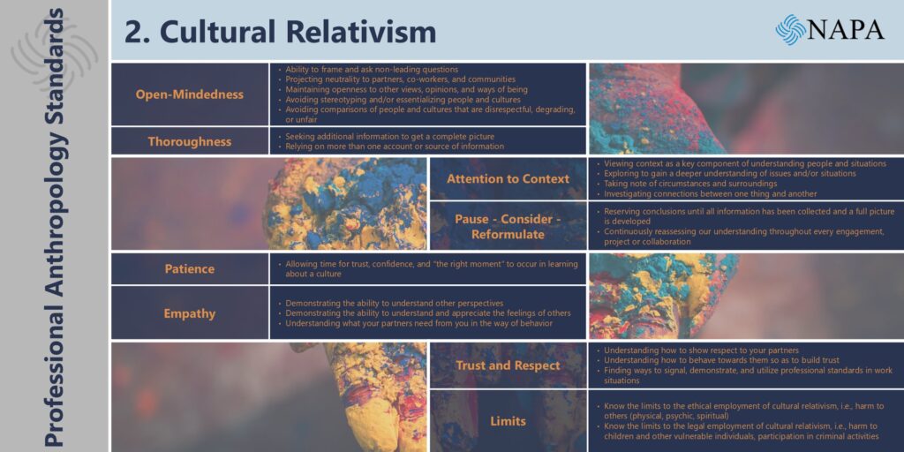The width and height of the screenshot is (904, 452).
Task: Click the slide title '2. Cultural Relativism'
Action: tap(280, 32)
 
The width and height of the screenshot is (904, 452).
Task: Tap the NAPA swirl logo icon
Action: tap(790, 29)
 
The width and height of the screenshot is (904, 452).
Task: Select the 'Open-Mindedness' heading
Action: tap(190, 94)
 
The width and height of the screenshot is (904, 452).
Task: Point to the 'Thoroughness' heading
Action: tap(190, 141)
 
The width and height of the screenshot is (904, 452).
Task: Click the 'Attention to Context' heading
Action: tap(508, 178)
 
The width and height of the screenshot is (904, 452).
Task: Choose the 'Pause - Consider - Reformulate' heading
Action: tap(508, 227)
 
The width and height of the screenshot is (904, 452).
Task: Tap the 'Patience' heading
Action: tap(190, 269)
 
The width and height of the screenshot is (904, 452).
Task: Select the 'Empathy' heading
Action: tap(190, 313)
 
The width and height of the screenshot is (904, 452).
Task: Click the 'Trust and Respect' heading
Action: tap(508, 365)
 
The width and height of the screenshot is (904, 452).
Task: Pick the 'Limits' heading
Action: tap(508, 421)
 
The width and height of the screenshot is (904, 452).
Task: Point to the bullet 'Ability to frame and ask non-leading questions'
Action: tap(368, 70)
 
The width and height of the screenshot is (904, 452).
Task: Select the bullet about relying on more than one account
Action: tap(391, 147)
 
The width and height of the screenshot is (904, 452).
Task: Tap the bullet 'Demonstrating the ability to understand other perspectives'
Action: tap(391, 304)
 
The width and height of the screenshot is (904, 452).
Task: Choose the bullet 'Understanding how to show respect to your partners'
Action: tap(697, 350)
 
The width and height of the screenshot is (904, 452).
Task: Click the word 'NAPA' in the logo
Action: tap(846, 29)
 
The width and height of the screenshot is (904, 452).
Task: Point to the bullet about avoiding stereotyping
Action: tap(399, 100)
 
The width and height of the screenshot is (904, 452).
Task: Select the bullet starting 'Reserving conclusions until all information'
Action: tap(746, 216)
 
